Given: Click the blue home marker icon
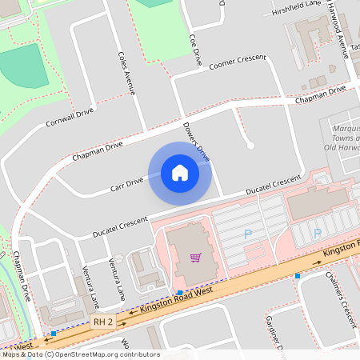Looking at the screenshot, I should click(180, 172).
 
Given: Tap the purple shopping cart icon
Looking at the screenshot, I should click(195, 257).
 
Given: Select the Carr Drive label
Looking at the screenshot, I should click(127, 186).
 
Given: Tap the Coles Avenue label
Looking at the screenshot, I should click(126, 73).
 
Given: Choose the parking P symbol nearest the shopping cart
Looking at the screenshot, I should click(247, 234).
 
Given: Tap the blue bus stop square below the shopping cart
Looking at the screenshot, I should click(180, 292).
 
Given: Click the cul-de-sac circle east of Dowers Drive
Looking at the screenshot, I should click(250, 145).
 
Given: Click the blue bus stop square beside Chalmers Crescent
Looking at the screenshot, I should click(298, 276).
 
